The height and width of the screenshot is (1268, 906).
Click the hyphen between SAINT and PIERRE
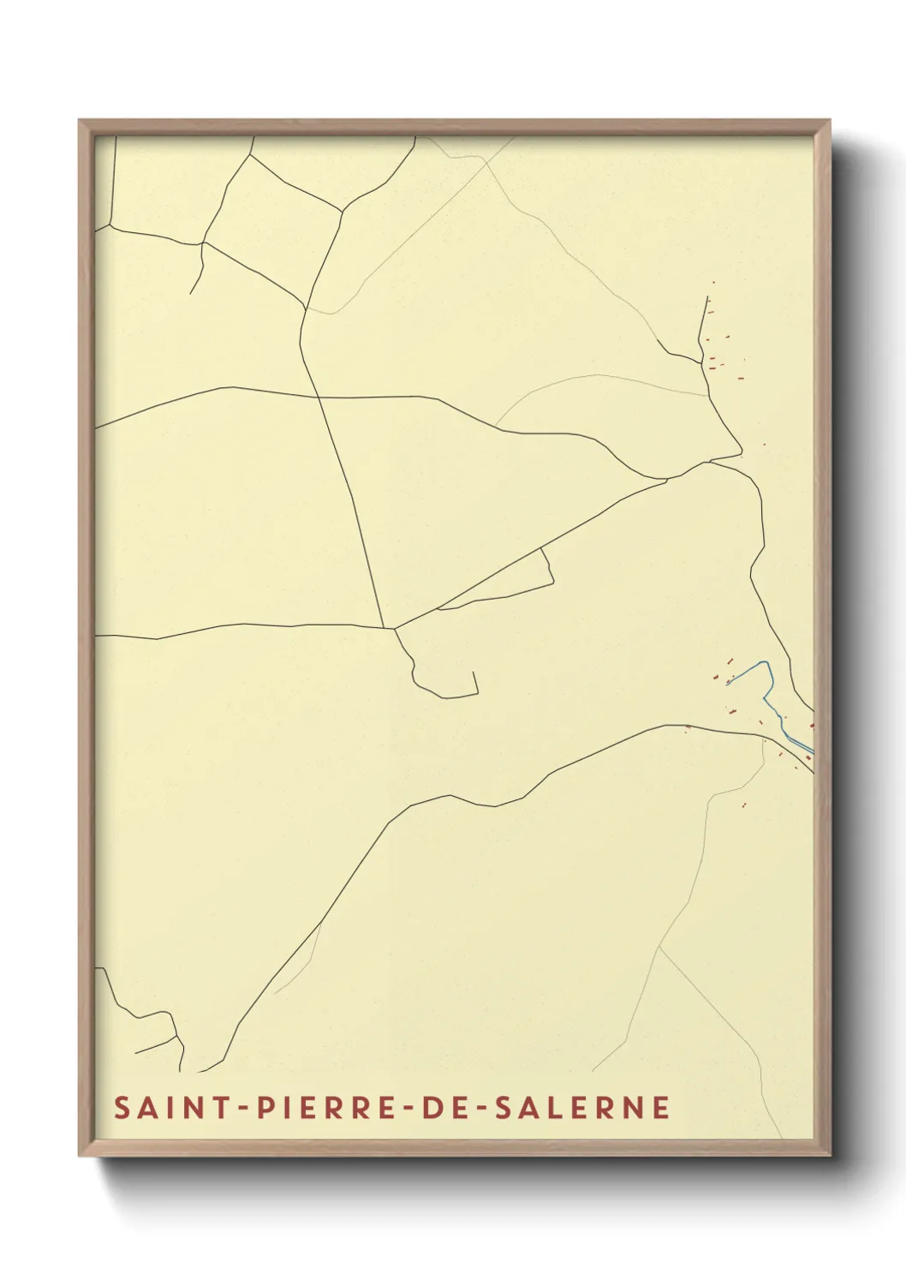tap(243, 1108)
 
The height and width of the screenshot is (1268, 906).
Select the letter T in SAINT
tap(221, 1107)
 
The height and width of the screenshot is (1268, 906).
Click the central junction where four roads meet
tap(393, 629)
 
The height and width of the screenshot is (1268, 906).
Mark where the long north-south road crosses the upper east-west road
tap(319, 397)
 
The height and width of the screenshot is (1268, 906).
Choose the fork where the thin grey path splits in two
tap(659, 948)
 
